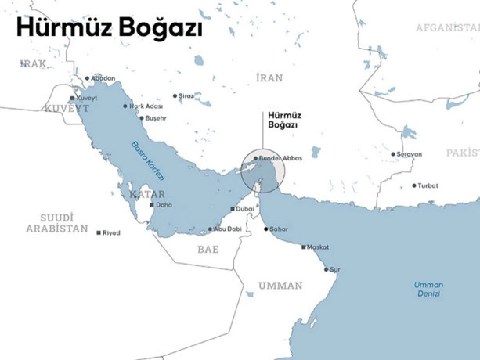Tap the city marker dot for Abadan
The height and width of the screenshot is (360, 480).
pos(87,78)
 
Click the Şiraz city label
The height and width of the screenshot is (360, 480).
pos(186,95)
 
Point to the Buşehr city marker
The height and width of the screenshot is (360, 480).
pos(141,117)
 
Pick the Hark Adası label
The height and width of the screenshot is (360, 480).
pos(146,106)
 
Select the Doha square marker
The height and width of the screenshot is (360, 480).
pos(151,205)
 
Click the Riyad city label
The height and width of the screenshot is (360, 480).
pos(113,232)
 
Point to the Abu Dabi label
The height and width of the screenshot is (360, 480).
pos(224,229)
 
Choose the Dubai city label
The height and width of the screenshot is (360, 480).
pos(244,209)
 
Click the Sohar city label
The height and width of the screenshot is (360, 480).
pos(280,229)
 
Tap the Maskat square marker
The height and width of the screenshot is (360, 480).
pos(304,247)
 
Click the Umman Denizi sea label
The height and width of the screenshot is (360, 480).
pos(428,289)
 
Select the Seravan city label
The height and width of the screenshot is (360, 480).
pos(409,154)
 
